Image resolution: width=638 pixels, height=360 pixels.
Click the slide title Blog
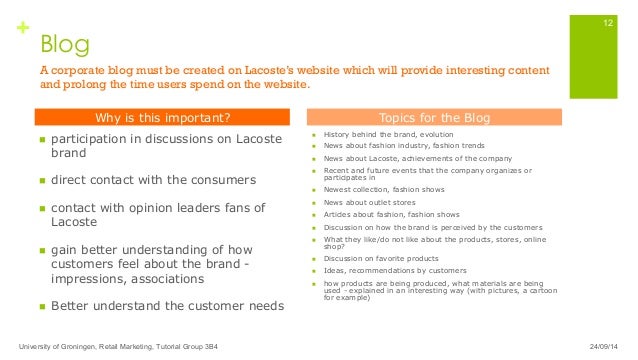pyautogui.click(x=64, y=44)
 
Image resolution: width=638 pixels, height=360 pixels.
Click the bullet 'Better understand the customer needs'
pyautogui.click(x=167, y=306)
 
